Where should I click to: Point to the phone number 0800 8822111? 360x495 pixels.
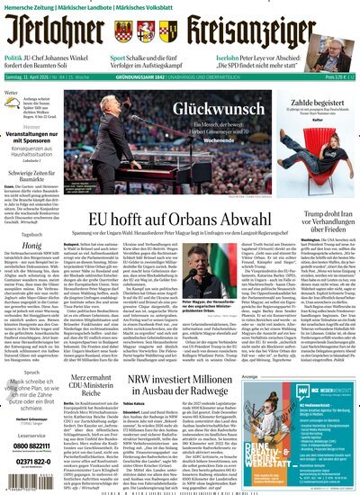tap(31, 445)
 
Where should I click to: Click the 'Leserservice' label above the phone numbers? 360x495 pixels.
tap(31, 432)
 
